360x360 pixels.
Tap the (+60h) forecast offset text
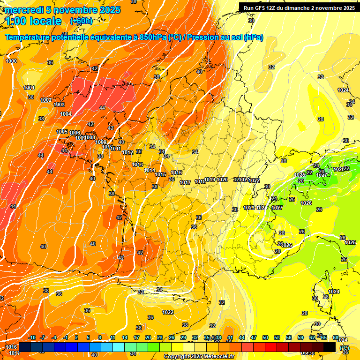click(x=81, y=21)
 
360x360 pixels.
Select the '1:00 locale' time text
click(x=33, y=21)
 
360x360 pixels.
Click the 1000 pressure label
click(x=11, y=61)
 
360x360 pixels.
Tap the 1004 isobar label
click(x=66, y=114)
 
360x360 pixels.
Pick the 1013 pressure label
click(x=137, y=165)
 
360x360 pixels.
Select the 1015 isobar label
click(x=160, y=174)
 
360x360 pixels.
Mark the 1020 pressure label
click(x=222, y=180)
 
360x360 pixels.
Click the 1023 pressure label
click(x=249, y=208)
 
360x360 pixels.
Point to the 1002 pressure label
click(x=46, y=100)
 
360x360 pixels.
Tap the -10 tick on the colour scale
click(x=32, y=337)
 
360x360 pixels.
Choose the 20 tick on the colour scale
click(x=148, y=337)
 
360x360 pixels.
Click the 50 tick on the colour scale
click(x=265, y=337)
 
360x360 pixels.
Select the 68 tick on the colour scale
click(x=336, y=337)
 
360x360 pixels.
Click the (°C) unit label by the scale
click(x=344, y=348)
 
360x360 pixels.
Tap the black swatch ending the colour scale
click(x=330, y=347)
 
